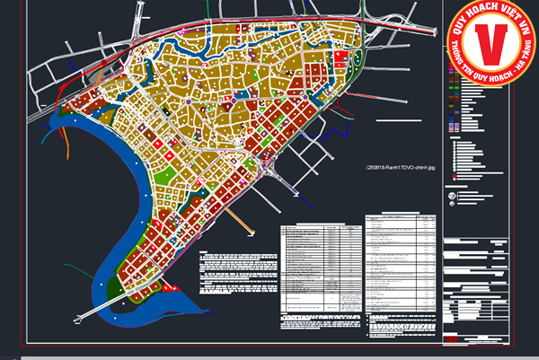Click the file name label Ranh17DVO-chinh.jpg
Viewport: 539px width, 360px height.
coord(395,167)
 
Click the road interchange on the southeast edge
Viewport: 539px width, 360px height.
coord(266,167)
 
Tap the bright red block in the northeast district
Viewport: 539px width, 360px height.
coord(340,59)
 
